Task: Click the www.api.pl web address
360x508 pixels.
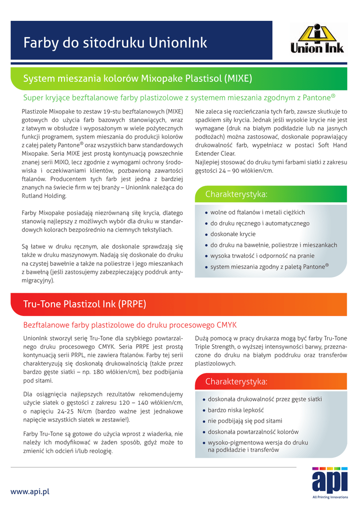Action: tap(30, 492)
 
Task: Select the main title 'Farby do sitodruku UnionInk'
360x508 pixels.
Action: tap(115, 43)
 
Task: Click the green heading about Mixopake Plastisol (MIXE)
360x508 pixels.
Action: tap(138, 78)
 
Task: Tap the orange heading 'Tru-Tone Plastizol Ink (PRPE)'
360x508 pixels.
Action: tap(85, 304)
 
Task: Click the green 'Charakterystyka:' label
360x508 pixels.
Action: tap(236, 193)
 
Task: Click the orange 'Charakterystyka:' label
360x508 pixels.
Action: tap(236, 381)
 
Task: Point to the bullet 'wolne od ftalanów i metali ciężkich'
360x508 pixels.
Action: tap(257, 212)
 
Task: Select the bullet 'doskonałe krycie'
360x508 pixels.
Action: tap(233, 234)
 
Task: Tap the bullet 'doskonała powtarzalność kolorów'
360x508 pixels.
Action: tap(253, 432)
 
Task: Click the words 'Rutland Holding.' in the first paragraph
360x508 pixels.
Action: tap(44, 195)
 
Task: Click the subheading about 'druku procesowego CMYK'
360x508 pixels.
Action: tap(130, 325)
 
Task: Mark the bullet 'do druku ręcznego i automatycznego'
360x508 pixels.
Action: tap(260, 223)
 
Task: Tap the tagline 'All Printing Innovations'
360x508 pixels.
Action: tap(330, 497)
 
